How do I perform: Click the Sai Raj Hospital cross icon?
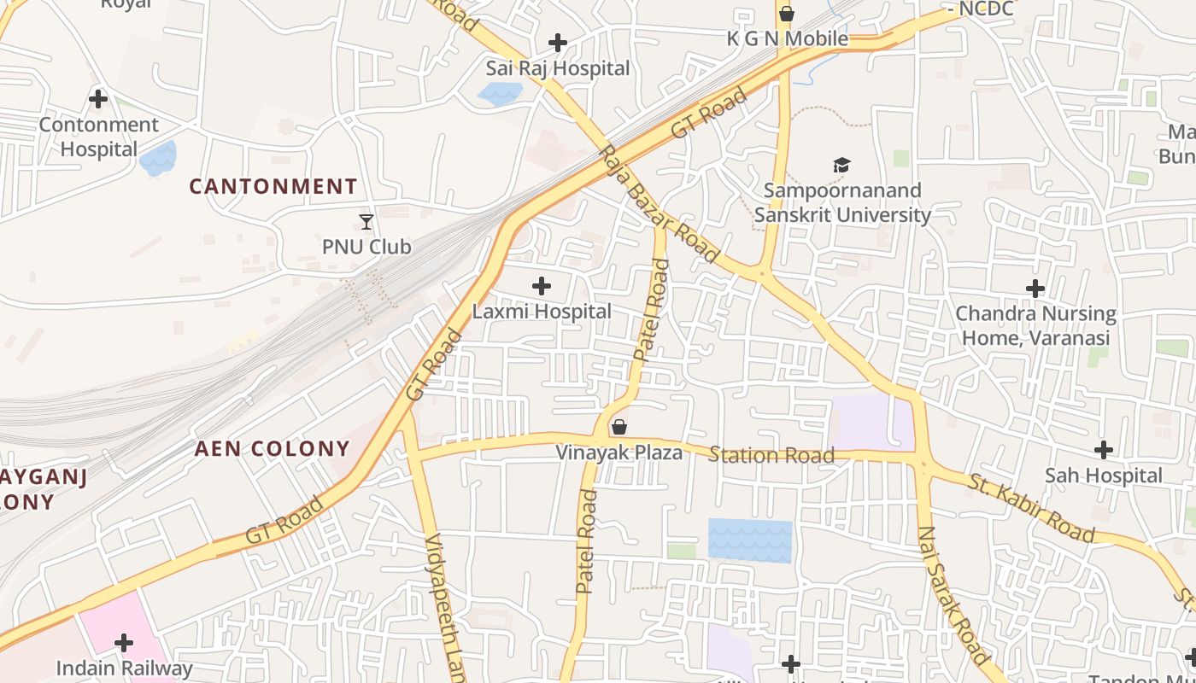click(x=558, y=42)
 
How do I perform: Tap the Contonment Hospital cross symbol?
click(x=98, y=99)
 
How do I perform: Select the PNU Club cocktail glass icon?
click(x=366, y=222)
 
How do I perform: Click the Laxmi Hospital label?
click(x=542, y=312)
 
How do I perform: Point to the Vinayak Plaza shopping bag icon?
click(x=619, y=426)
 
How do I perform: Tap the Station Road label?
click(x=771, y=455)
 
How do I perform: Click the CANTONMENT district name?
click(x=273, y=186)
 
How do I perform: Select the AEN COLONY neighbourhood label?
click(x=273, y=449)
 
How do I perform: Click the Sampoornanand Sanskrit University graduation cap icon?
click(x=842, y=165)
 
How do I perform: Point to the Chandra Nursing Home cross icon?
click(x=1035, y=289)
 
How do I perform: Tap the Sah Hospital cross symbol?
click(x=1104, y=449)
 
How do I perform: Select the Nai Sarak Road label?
click(x=953, y=595)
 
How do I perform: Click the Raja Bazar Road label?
click(x=659, y=203)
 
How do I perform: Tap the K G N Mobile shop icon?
click(x=787, y=14)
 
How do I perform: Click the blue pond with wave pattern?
click(x=750, y=540)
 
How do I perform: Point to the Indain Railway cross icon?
click(x=124, y=642)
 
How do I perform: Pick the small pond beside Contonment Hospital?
click(x=158, y=158)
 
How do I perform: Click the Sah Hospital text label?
click(x=1104, y=476)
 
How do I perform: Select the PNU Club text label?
click(x=366, y=248)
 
